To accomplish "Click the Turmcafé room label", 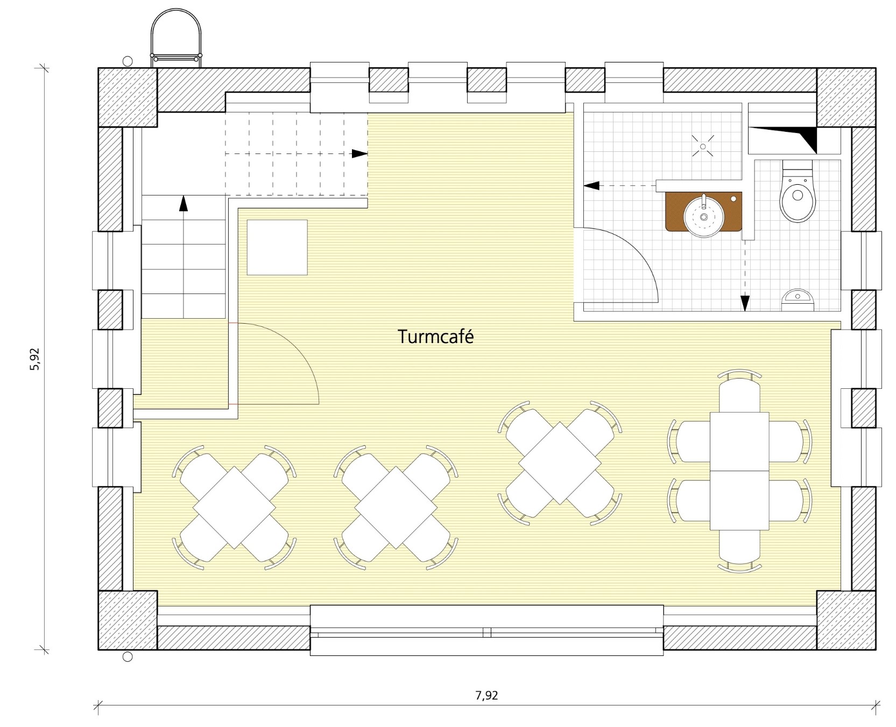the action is (436, 337).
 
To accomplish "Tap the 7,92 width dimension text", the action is (486, 695).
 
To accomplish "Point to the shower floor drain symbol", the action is (703, 146).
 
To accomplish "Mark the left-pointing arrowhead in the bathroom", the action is (591, 186).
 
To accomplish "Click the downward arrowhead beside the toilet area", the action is (745, 303).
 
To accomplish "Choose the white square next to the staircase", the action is (277, 247).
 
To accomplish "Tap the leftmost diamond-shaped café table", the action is (234, 508).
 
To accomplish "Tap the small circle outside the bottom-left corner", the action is (128, 656).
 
